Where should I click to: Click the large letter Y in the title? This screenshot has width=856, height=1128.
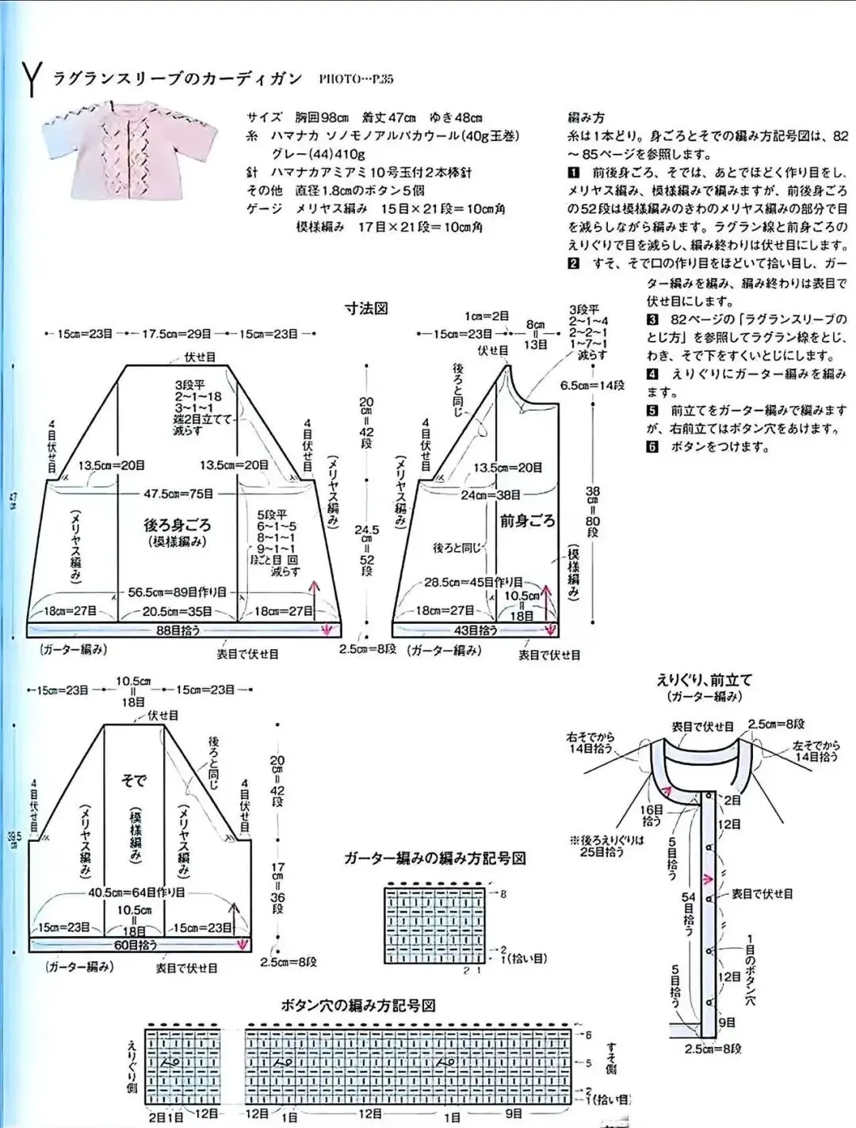point(31,79)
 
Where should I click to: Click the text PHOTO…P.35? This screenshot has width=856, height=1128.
point(356,79)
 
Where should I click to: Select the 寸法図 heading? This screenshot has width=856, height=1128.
point(365,308)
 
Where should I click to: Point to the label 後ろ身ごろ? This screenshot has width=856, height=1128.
point(178,525)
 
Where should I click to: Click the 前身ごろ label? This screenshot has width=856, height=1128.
point(527,521)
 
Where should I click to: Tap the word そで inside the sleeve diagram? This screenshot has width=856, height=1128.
point(133,781)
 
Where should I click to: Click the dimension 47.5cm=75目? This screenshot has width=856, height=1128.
point(178,494)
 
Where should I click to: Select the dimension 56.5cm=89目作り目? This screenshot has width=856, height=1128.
point(178,592)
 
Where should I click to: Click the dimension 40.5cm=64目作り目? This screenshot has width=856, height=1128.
point(136,892)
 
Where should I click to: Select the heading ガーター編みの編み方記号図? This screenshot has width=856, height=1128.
point(435,858)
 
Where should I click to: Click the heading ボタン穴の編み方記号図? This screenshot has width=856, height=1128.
point(358,1005)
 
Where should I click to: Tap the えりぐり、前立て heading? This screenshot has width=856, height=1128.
point(704,679)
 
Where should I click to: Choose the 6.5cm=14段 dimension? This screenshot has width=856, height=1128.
point(592,385)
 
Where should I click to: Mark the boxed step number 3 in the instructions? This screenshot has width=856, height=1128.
point(652,319)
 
